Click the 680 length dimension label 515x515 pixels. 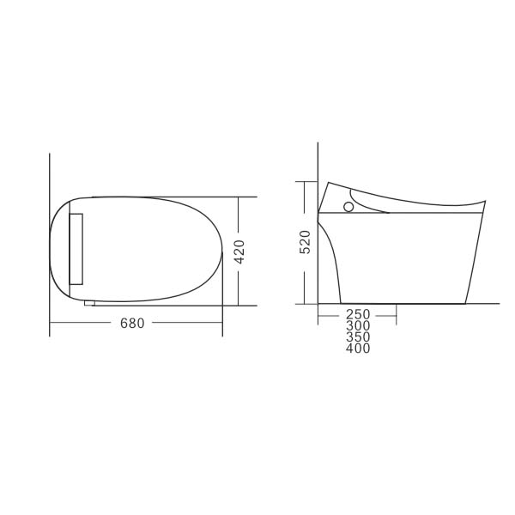[132, 324]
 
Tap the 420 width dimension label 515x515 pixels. [240, 251]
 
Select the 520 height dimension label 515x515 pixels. [305, 242]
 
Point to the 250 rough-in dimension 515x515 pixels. [358, 316]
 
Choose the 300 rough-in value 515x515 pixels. [358, 327]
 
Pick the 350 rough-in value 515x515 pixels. [358, 338]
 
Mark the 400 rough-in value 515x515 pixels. [358, 349]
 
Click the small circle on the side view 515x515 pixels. [348, 206]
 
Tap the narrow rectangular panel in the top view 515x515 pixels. [76, 249]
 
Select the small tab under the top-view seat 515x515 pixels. [89, 303]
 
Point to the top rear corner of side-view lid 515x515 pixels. [327, 182]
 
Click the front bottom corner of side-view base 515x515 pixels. [465, 303]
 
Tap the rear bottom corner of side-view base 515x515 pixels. [341, 303]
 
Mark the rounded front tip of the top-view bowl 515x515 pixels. [221, 251]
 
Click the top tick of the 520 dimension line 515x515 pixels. [305, 181]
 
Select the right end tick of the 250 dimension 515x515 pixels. [396, 316]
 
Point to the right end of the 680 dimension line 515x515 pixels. [222, 323]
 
